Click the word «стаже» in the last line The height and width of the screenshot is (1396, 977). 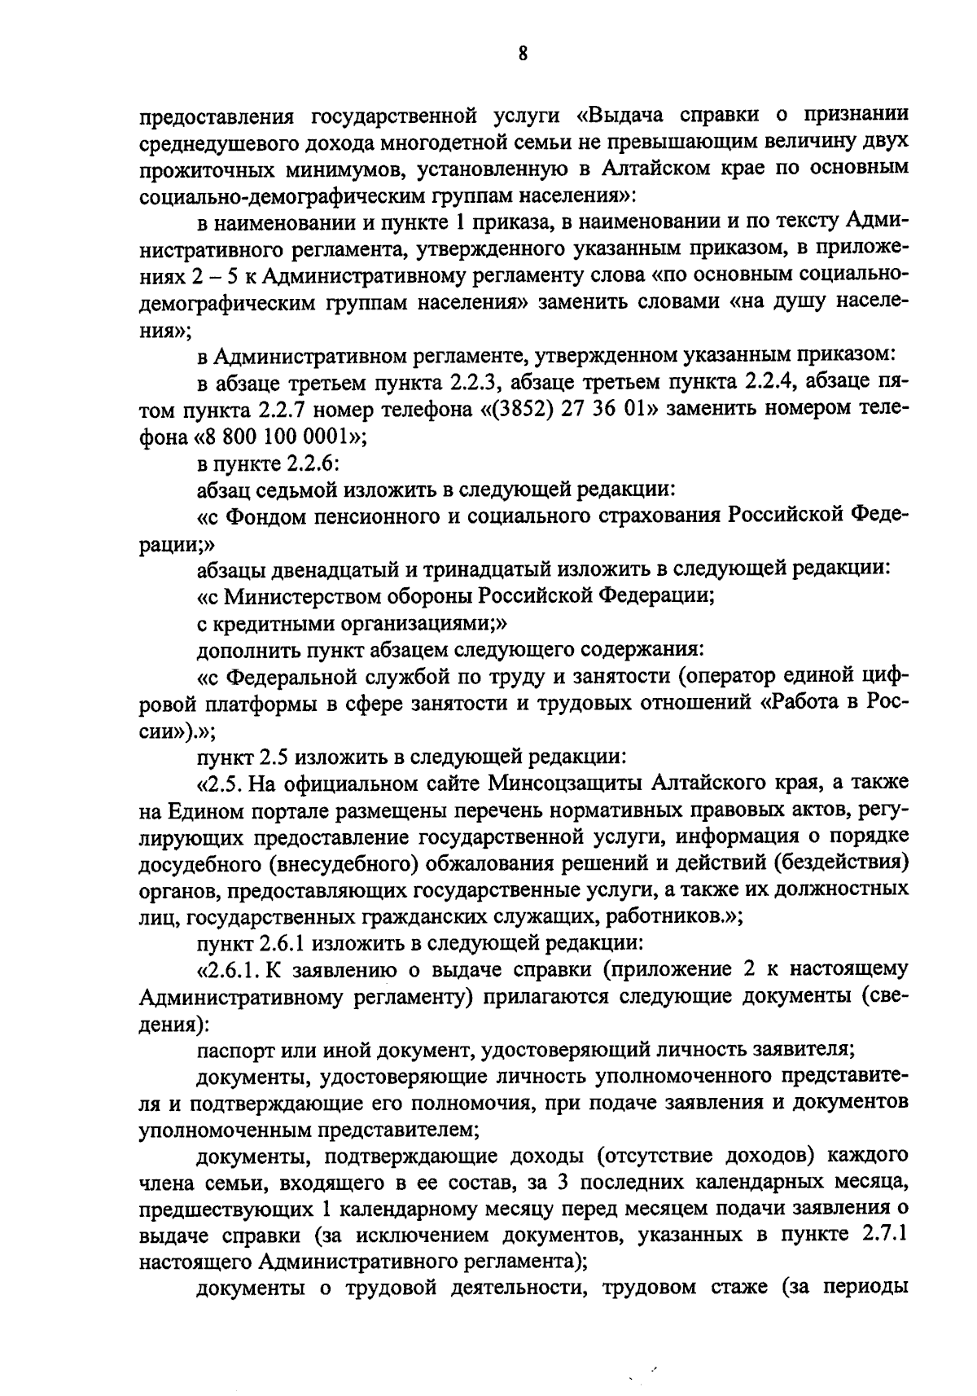point(729,1288)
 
